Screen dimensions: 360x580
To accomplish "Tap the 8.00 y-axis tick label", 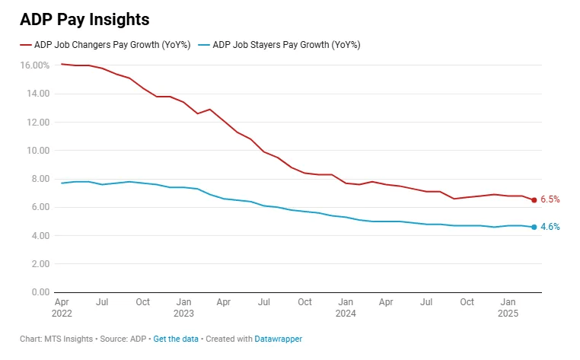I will click(40, 179).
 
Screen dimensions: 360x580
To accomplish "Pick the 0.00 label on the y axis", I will click(40, 292).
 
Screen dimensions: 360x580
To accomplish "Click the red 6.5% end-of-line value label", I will click(550, 199).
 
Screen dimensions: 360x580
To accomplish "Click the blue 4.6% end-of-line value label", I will click(550, 227).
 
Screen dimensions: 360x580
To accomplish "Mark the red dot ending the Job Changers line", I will click(534, 200).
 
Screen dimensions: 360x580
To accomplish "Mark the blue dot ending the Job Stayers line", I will click(534, 227).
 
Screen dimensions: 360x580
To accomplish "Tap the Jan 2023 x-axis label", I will click(183, 307).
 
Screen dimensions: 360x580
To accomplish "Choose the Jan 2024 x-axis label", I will click(345, 307).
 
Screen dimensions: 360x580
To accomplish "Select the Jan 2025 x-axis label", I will click(507, 307).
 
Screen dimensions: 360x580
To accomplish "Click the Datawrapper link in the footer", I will click(279, 339).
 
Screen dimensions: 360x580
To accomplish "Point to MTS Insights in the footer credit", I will click(69, 339).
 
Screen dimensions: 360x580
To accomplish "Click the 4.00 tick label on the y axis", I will click(40, 236).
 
